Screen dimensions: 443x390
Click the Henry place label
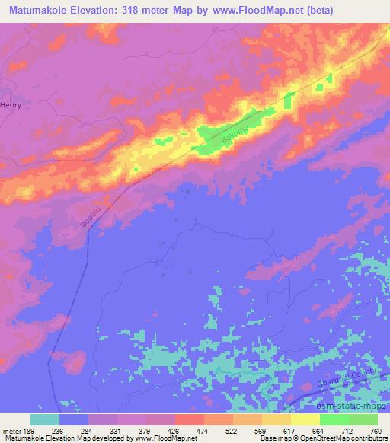(x=11, y=106)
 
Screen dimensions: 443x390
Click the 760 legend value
(x=375, y=430)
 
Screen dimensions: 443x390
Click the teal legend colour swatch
(x=45, y=419)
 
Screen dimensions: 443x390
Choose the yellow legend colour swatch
(x=305, y=419)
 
